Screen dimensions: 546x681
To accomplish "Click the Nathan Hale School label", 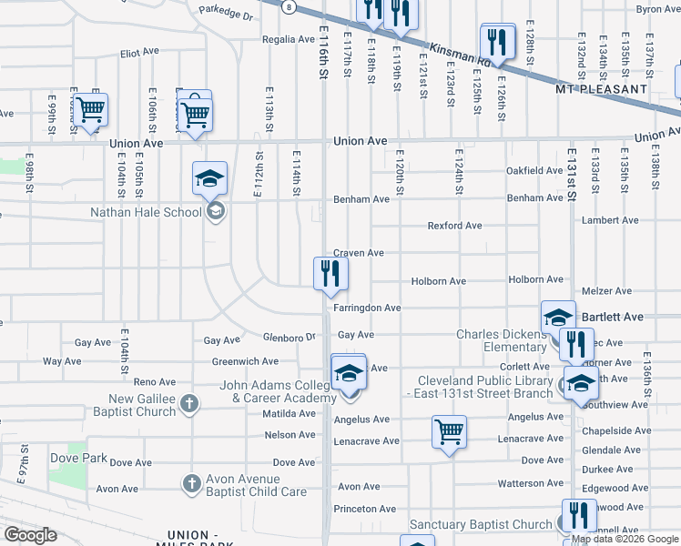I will point(146,213).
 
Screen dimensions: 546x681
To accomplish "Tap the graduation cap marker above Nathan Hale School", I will point(209,178).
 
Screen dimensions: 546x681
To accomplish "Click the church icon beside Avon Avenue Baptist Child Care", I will point(191,483).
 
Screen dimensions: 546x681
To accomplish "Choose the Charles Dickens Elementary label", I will point(502,340).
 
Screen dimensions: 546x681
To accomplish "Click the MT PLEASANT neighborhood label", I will point(601,89).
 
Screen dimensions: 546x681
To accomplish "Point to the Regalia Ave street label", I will point(288,40).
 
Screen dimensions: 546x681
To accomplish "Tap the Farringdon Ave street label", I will point(367,308).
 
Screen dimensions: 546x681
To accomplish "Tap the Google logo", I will point(31,535).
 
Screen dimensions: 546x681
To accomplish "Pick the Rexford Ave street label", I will point(455,226).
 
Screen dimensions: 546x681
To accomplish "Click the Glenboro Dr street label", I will point(289,337).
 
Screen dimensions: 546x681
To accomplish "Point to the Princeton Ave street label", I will point(364,509).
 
